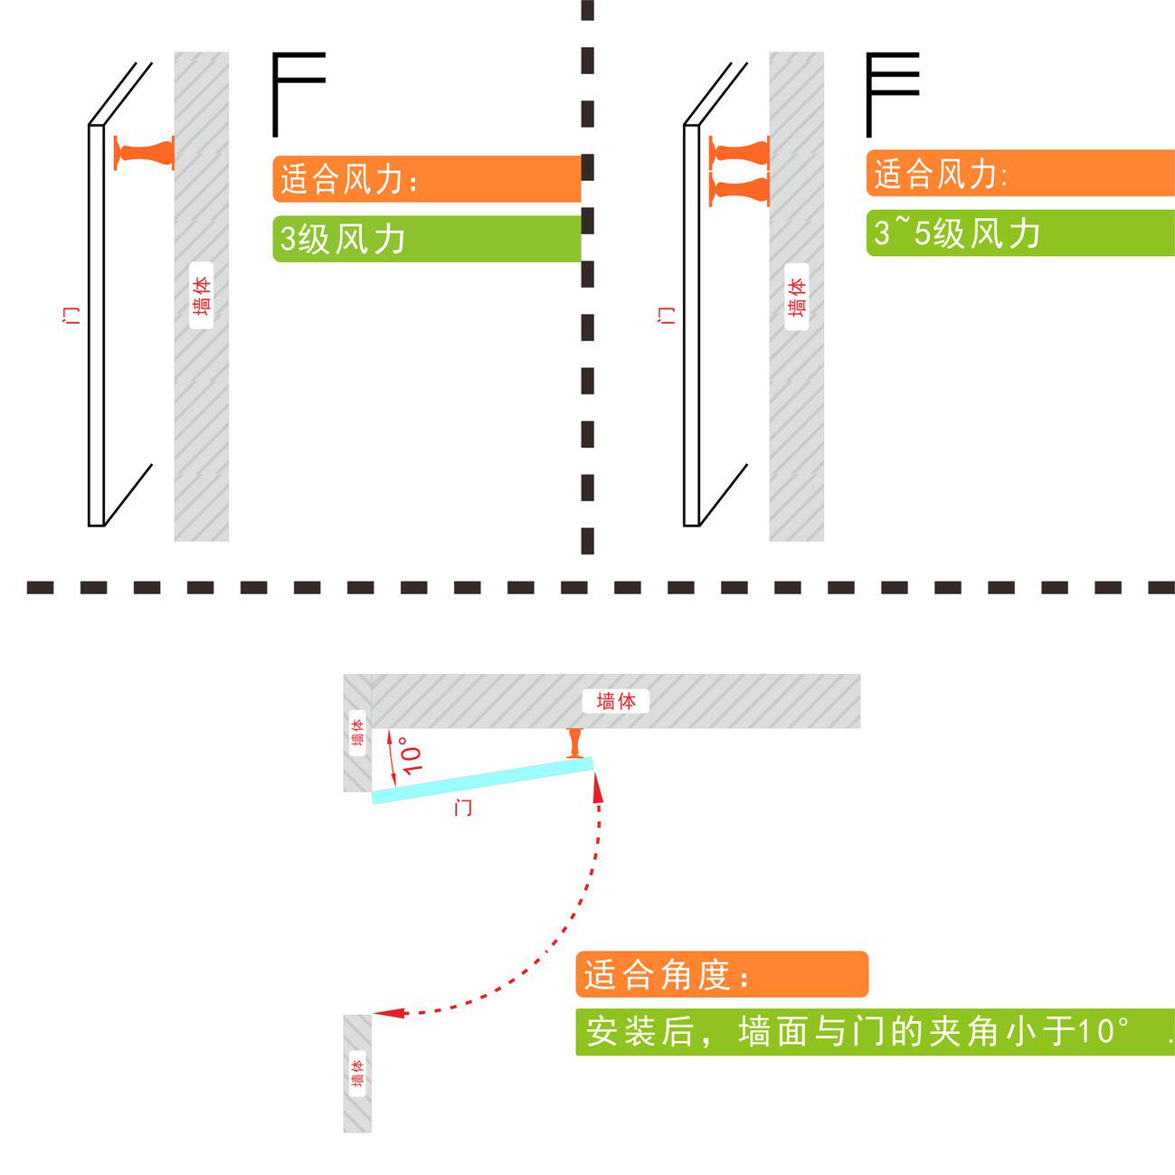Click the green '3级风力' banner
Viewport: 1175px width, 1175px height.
(x=425, y=239)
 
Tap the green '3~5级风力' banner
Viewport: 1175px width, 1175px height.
(x=1019, y=233)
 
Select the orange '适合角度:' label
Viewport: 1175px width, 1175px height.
(x=721, y=974)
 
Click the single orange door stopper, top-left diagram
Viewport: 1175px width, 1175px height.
(x=144, y=152)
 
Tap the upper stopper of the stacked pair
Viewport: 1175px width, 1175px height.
(x=739, y=153)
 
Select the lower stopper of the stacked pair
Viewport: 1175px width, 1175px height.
(x=739, y=189)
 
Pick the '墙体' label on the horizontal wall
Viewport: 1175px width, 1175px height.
(x=616, y=700)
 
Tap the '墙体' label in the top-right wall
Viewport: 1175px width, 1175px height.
(x=797, y=296)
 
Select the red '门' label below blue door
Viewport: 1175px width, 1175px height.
(x=463, y=807)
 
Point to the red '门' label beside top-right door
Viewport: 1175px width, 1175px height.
(x=667, y=316)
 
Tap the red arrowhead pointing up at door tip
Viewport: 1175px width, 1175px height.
(x=597, y=788)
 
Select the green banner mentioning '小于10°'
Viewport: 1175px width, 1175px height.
(x=875, y=1031)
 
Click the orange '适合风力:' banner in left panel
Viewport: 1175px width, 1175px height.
(x=425, y=179)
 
